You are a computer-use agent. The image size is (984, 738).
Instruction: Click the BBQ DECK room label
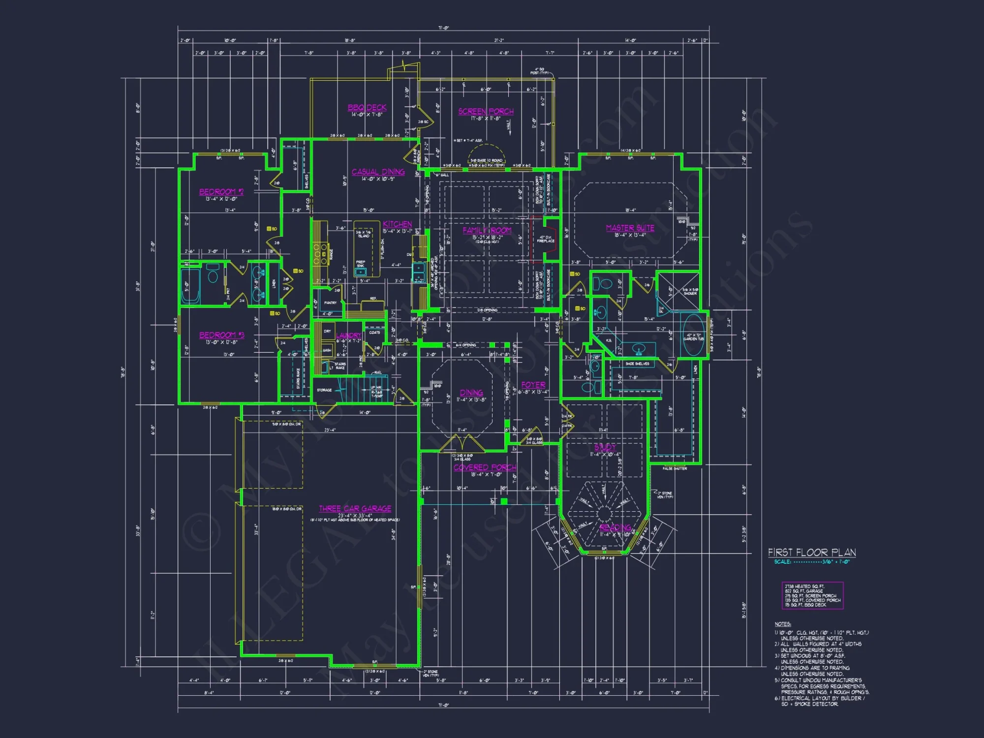pyautogui.click(x=367, y=107)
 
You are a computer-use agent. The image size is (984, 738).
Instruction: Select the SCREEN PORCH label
pyautogui.click(x=486, y=112)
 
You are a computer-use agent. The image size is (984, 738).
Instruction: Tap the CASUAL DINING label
pyautogui.click(x=378, y=172)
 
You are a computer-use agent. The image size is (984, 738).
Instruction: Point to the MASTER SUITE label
pyautogui.click(x=630, y=228)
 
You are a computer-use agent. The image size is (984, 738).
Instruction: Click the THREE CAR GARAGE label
pyautogui.click(x=355, y=508)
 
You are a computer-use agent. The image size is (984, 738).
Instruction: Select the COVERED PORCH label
pyautogui.click(x=485, y=467)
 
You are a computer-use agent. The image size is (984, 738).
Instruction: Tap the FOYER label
pyautogui.click(x=533, y=385)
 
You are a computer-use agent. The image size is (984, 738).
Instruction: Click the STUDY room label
pyautogui.click(x=605, y=447)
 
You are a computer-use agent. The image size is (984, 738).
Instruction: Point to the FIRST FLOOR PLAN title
pyautogui.click(x=812, y=553)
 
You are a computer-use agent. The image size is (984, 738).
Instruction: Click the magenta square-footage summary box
pyautogui.click(x=812, y=595)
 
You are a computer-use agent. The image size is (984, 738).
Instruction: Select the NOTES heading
pyautogui.click(x=782, y=624)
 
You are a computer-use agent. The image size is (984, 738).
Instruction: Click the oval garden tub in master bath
pyautogui.click(x=693, y=335)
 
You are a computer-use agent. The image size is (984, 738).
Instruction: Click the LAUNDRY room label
pyautogui.click(x=348, y=335)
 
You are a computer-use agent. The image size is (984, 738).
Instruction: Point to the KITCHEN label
pyautogui.click(x=397, y=224)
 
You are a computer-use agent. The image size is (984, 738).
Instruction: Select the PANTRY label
pyautogui.click(x=330, y=303)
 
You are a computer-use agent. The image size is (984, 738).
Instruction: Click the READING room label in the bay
pyautogui.click(x=615, y=527)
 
